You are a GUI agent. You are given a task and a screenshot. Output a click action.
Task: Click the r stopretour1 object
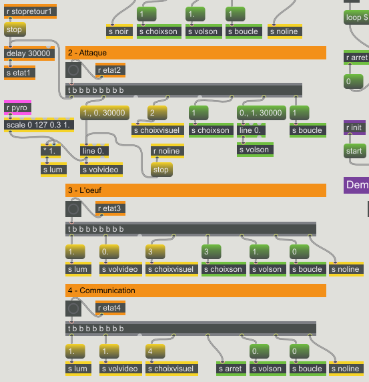(x=30, y=11)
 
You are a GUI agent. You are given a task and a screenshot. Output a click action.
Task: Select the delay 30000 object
(x=29, y=53)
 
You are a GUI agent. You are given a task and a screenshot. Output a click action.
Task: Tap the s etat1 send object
(x=19, y=73)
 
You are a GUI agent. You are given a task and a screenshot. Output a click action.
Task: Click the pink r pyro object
(x=17, y=108)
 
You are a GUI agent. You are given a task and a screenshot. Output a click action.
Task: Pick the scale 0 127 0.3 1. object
(x=39, y=125)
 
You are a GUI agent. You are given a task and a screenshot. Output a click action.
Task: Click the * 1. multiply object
(x=51, y=151)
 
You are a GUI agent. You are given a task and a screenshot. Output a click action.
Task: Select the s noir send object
(x=119, y=31)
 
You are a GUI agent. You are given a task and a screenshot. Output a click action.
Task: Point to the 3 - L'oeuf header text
(x=85, y=190)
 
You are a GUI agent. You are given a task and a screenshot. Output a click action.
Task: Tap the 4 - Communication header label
(x=101, y=291)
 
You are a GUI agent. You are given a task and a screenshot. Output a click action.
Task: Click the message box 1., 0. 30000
(x=104, y=113)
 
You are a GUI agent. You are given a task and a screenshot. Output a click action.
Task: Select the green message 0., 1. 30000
(x=262, y=113)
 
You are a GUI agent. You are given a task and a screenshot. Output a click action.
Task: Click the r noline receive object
(x=167, y=151)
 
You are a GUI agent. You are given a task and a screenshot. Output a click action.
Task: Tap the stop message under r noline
(x=161, y=170)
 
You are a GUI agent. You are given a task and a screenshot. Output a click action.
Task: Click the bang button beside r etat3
(x=73, y=209)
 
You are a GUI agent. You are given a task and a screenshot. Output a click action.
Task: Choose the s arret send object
(x=231, y=369)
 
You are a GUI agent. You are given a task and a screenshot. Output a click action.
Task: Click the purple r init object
(x=354, y=128)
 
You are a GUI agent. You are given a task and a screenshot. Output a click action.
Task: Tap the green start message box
(x=354, y=151)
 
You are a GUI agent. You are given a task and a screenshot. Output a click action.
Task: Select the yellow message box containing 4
(x=155, y=351)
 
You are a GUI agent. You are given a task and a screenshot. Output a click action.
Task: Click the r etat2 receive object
(x=110, y=70)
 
